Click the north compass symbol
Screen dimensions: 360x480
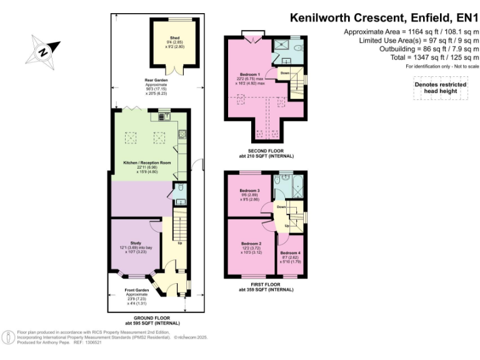44,49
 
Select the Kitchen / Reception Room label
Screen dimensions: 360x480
147,162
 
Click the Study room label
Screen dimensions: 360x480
136,243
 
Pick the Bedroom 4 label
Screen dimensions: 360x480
289,252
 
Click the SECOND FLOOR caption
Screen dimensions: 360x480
266,152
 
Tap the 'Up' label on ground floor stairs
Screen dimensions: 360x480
181,243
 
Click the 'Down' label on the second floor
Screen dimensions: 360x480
284,73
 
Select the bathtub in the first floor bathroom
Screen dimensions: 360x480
297,187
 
